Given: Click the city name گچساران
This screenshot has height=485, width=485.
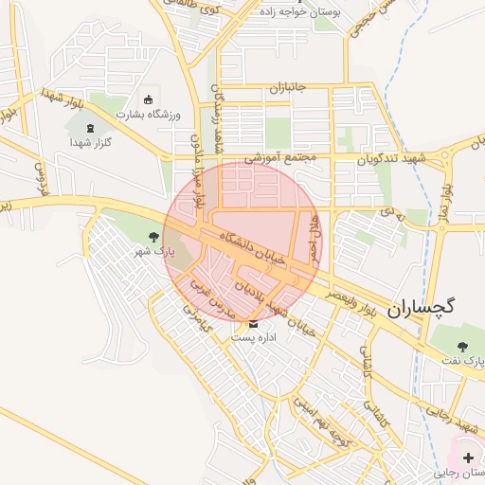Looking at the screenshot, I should (422, 306).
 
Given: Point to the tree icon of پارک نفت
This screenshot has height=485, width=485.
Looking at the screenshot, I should (462, 348).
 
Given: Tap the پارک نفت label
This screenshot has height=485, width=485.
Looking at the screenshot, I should (464, 362).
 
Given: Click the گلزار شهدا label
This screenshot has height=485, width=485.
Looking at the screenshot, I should (91, 142).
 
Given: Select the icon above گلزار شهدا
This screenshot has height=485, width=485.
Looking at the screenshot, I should (91, 128).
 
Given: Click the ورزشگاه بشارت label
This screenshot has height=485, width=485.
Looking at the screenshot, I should (146, 114).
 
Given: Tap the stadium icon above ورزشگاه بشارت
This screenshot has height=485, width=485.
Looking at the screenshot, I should (147, 99).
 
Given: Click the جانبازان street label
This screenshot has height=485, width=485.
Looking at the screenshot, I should (289, 88).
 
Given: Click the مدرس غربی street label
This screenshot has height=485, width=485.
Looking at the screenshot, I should (210, 295).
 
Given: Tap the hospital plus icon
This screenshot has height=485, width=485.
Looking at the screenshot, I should (468, 458).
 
